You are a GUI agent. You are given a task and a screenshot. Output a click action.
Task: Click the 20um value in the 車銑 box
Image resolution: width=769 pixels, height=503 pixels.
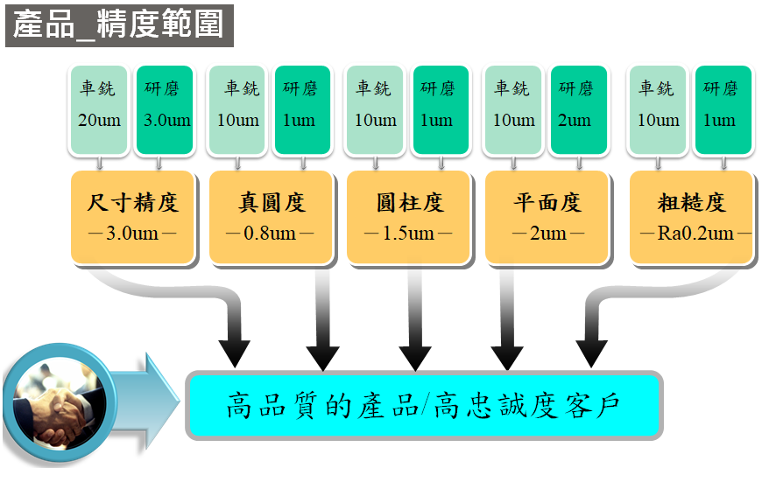click(x=98, y=120)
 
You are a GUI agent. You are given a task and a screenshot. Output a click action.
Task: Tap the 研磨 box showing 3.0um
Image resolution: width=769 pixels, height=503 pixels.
click(x=164, y=110)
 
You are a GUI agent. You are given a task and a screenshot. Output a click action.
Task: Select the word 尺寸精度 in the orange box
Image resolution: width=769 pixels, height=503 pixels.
click(x=133, y=203)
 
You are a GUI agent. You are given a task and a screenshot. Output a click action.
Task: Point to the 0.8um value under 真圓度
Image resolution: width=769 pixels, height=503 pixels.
click(x=271, y=234)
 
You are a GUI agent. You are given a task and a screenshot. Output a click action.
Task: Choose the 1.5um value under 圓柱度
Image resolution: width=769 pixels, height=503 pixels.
click(x=408, y=234)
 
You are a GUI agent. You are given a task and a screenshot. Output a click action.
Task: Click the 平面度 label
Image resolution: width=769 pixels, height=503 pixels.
click(x=548, y=203)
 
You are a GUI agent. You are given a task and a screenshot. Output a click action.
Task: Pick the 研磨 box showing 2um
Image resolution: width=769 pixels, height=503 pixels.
click(x=577, y=110)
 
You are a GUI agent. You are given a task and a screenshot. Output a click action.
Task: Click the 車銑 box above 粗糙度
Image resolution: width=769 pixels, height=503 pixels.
click(x=659, y=110)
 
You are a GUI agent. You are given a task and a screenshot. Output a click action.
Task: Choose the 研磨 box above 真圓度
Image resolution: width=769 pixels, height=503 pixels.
click(x=301, y=110)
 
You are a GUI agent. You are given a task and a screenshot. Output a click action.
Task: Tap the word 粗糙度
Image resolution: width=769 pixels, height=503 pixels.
click(x=692, y=203)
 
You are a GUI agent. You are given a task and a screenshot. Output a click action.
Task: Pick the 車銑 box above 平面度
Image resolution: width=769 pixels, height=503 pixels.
click(x=513, y=110)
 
